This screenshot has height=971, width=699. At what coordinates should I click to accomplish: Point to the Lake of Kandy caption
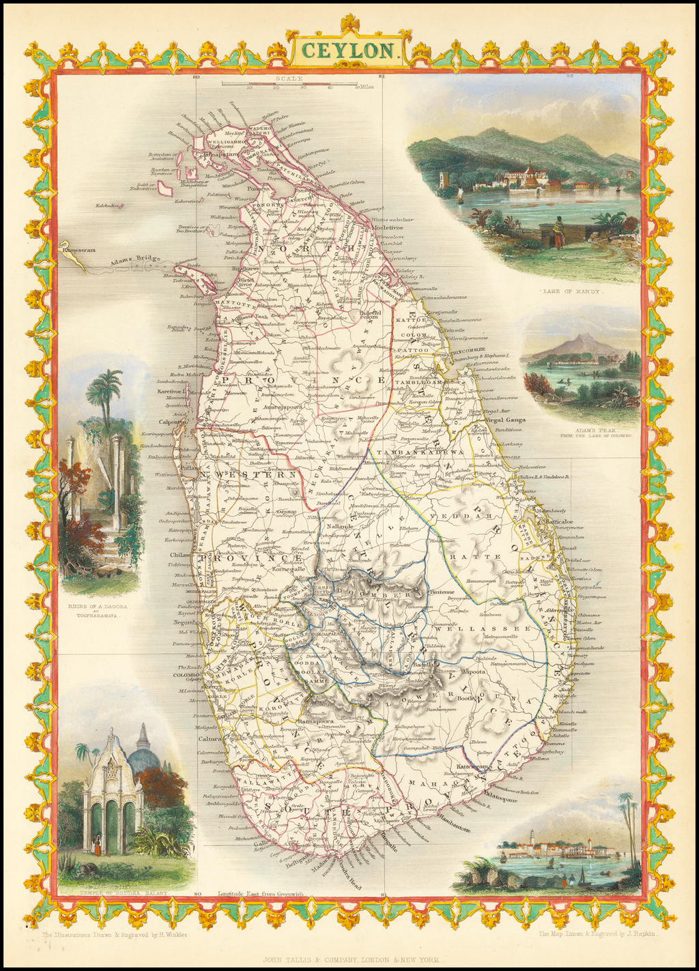tap(571, 291)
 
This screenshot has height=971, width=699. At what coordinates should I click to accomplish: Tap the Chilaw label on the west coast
tap(180, 555)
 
